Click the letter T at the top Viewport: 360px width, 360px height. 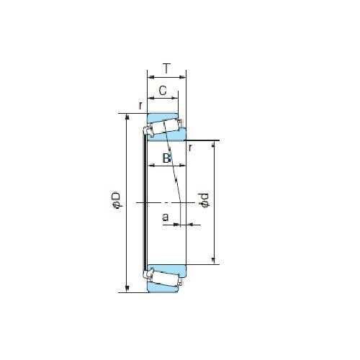click(166, 69)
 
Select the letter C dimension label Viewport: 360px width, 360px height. click(163, 91)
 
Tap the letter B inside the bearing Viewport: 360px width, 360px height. click(166, 158)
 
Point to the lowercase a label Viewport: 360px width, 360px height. click(166, 216)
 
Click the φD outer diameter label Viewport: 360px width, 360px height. click(115, 202)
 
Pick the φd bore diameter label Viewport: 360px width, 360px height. click(204, 202)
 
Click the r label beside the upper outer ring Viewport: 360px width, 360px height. click(140, 107)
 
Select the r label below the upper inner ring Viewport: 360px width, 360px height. click(189, 148)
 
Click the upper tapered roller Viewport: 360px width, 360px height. click(163, 128)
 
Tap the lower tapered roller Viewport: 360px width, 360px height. click(163, 276)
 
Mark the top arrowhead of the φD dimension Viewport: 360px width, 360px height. click(128, 116)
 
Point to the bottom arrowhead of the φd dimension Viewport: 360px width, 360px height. click(214, 261)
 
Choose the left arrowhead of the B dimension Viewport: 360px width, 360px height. click(150, 165)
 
